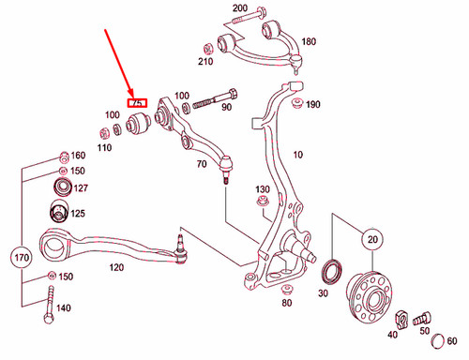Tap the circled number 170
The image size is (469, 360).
[x=22, y=255]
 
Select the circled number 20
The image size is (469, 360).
[x=371, y=240]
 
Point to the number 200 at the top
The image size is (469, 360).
[x=240, y=8]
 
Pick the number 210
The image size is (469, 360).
[x=206, y=62]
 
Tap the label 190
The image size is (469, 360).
[x=313, y=104]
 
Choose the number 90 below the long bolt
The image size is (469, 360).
[x=226, y=108]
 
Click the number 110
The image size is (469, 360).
[x=103, y=148]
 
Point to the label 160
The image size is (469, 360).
[x=78, y=155]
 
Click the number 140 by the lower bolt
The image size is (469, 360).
[x=64, y=307]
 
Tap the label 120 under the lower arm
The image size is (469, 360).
[x=116, y=267]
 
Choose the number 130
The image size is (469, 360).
[x=264, y=190]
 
